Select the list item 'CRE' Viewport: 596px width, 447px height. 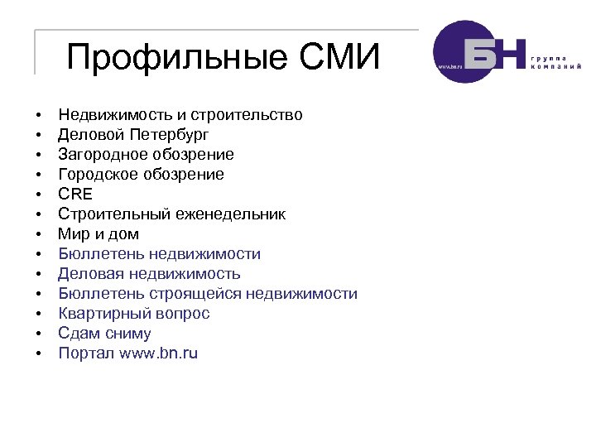[75, 195]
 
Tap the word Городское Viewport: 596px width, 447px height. [98, 175]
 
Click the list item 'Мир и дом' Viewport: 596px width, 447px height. [99, 234]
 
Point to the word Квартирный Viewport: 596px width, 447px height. [100, 314]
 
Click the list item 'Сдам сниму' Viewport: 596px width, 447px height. [104, 334]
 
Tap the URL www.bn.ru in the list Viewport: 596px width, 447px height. [158, 353]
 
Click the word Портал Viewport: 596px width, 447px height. [86, 353]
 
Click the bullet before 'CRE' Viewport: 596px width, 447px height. [38, 195]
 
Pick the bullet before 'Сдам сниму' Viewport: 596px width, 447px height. [38, 334]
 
